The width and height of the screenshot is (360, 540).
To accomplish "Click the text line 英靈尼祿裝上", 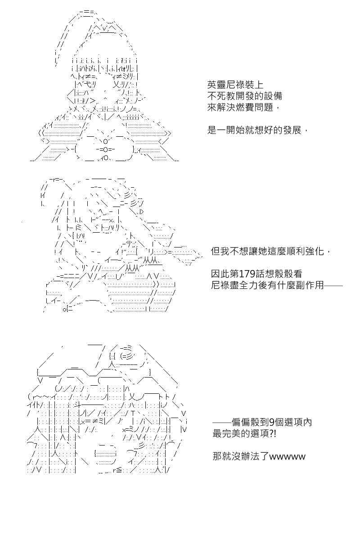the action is click(235, 85).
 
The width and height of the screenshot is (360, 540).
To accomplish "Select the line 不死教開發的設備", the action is click(244, 96).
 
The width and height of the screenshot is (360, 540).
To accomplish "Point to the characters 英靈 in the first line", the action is click(216, 85).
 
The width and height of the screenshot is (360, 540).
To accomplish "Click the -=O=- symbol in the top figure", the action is click(106, 149).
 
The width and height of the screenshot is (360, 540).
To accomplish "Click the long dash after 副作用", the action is click(333, 286).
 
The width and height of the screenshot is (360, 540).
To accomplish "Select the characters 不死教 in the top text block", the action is click(221, 96).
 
